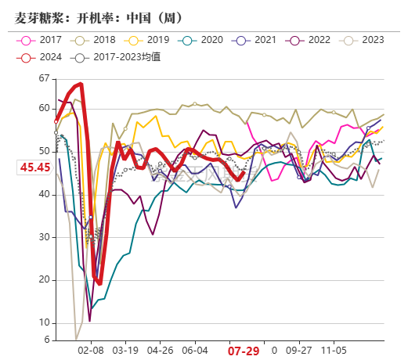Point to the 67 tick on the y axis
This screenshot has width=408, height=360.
[43, 79]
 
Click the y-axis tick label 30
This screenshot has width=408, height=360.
[43, 237]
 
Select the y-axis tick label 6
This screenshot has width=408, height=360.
[45, 340]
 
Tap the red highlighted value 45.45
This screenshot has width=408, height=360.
[35, 167]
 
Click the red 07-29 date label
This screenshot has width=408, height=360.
[244, 351]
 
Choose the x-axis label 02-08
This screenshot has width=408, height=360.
[92, 351]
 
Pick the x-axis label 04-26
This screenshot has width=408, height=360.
[160, 351]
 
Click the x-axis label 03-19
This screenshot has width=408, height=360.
[125, 351]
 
